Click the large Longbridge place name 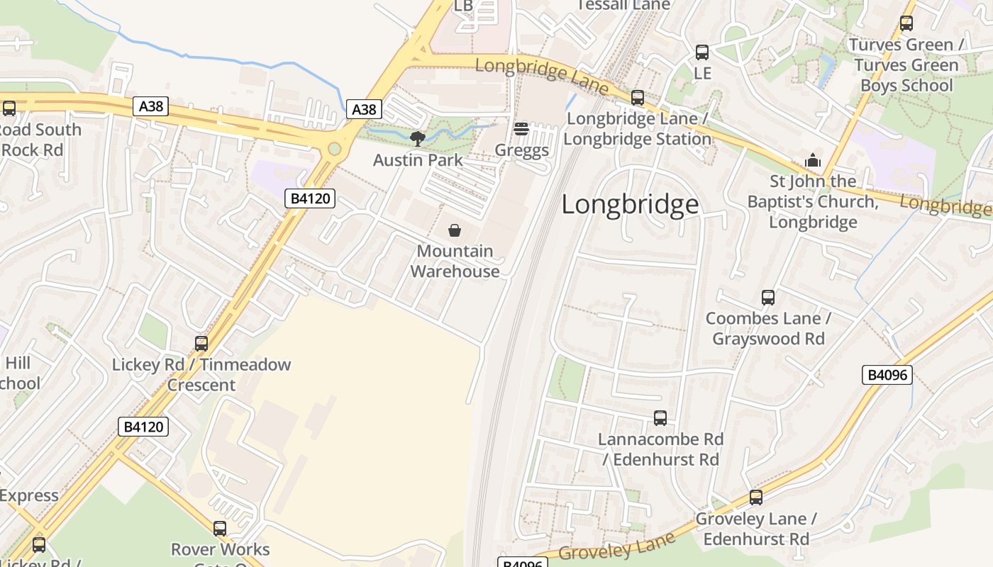point(630,204)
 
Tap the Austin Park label point(418,160)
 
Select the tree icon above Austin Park point(418,138)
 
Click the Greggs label point(521,150)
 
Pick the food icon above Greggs point(521,129)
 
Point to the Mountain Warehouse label point(455,261)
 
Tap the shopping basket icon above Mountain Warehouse point(455,230)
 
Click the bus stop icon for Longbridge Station point(638,98)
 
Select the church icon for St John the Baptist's point(813,161)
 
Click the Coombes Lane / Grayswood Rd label point(768,328)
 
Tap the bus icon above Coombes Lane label point(768,298)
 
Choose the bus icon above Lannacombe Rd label point(660,418)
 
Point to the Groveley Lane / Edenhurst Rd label point(756,529)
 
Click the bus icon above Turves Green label point(906,23)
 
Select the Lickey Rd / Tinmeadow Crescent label point(201,374)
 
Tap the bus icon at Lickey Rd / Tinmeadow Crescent point(201,344)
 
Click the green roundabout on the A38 point(334,150)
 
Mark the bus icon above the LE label point(702,52)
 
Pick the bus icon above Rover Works point(220,529)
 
